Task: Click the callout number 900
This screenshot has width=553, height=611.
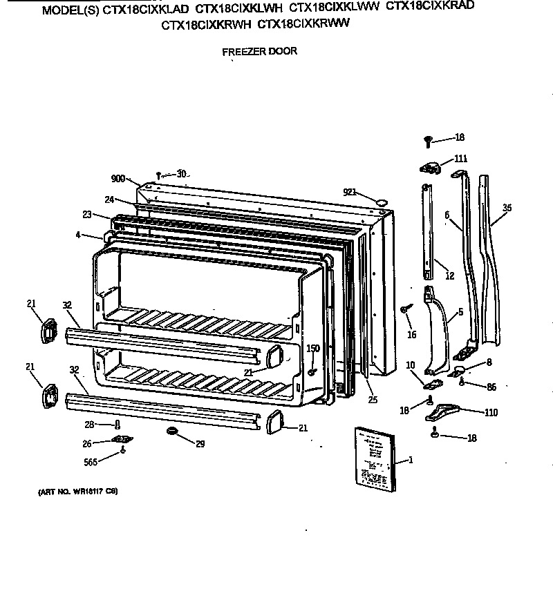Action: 118,179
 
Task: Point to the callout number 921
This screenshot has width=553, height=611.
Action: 350,191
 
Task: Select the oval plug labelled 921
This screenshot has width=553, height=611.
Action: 381,201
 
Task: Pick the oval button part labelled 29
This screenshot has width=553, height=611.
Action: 171,431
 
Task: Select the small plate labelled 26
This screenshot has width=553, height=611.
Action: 122,440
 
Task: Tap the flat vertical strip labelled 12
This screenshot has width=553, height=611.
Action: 429,228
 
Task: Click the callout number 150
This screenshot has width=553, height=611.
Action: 312,349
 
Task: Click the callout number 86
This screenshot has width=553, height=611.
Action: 491,387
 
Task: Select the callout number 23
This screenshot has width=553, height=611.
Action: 86,215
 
